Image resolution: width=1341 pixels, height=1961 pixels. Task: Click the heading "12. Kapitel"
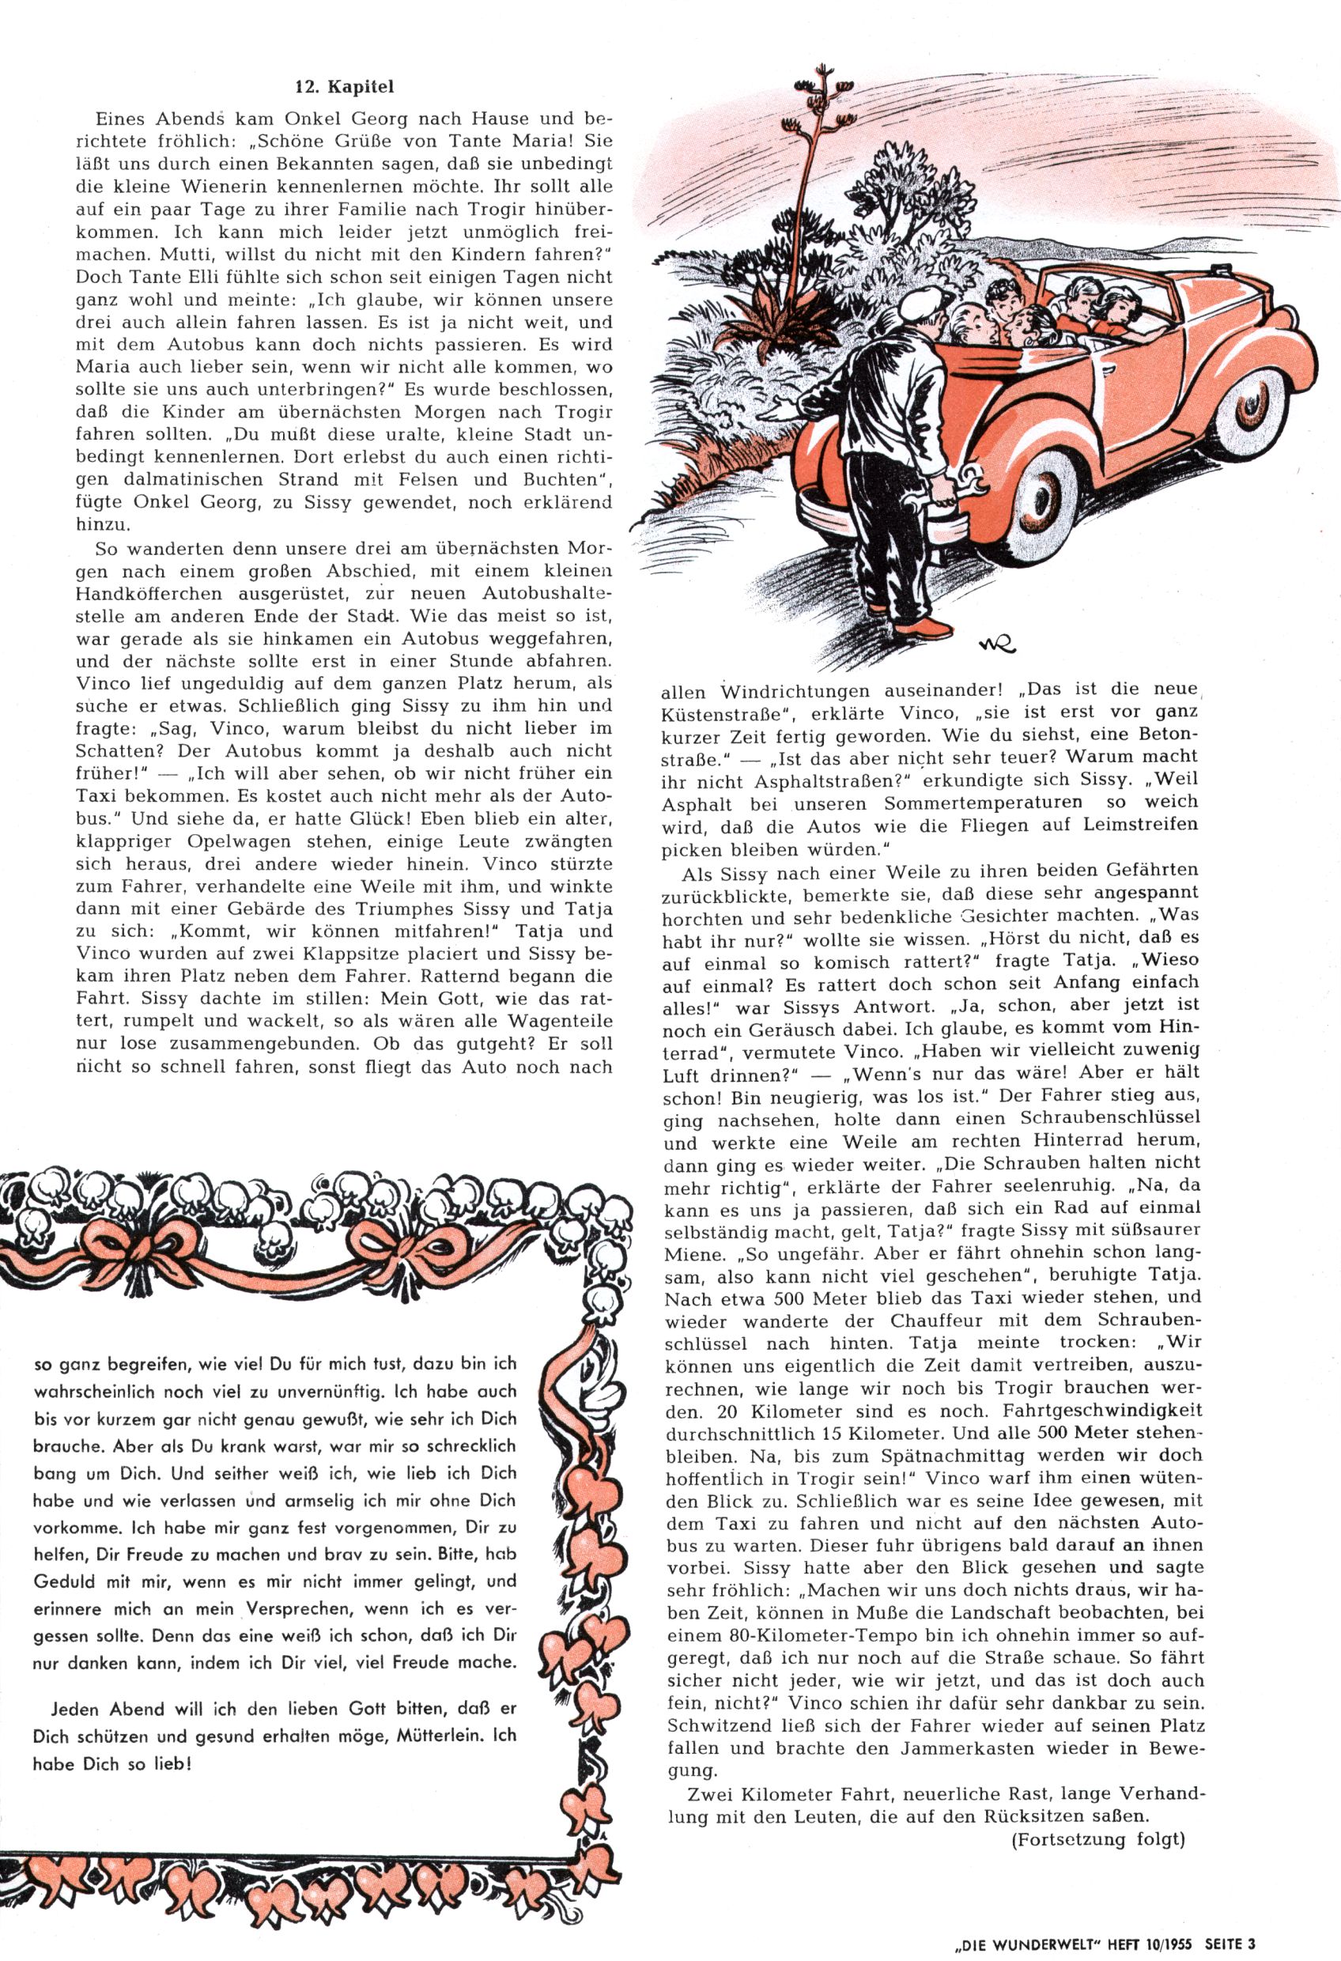click(x=343, y=86)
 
